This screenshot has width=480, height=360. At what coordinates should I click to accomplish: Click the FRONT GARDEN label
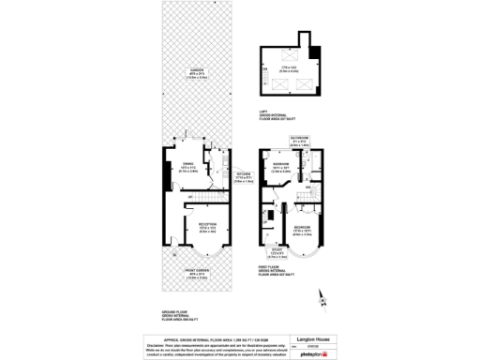click(x=197, y=275)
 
